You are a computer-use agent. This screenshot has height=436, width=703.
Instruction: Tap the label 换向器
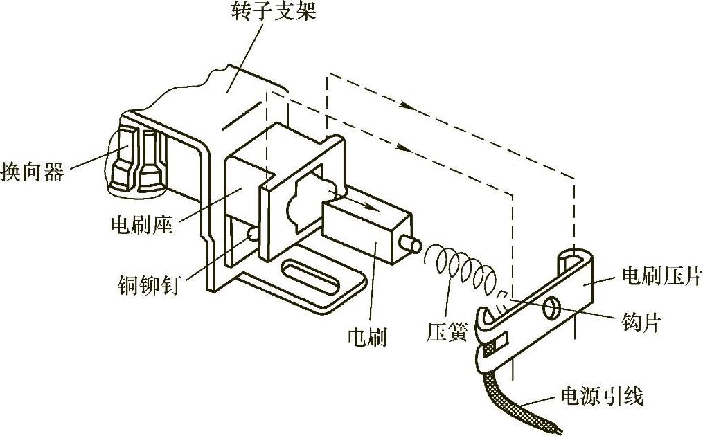(33, 171)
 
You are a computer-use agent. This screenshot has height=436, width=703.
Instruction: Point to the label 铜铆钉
(148, 284)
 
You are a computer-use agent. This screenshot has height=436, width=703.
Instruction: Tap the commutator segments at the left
(138, 161)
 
